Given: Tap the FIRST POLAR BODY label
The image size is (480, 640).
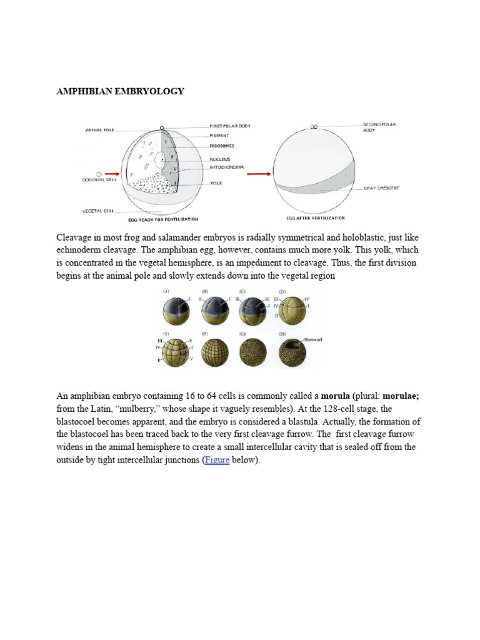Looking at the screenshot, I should (230, 126).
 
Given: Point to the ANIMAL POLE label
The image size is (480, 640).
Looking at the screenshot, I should (99, 130).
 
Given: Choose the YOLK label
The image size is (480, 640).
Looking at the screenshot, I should (217, 183).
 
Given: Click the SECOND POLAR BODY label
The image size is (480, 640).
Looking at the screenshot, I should (379, 127).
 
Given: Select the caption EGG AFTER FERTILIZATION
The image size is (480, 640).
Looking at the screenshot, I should (315, 218).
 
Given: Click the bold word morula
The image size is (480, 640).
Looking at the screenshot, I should (335, 396).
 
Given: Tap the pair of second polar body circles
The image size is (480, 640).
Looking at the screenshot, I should (314, 126).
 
